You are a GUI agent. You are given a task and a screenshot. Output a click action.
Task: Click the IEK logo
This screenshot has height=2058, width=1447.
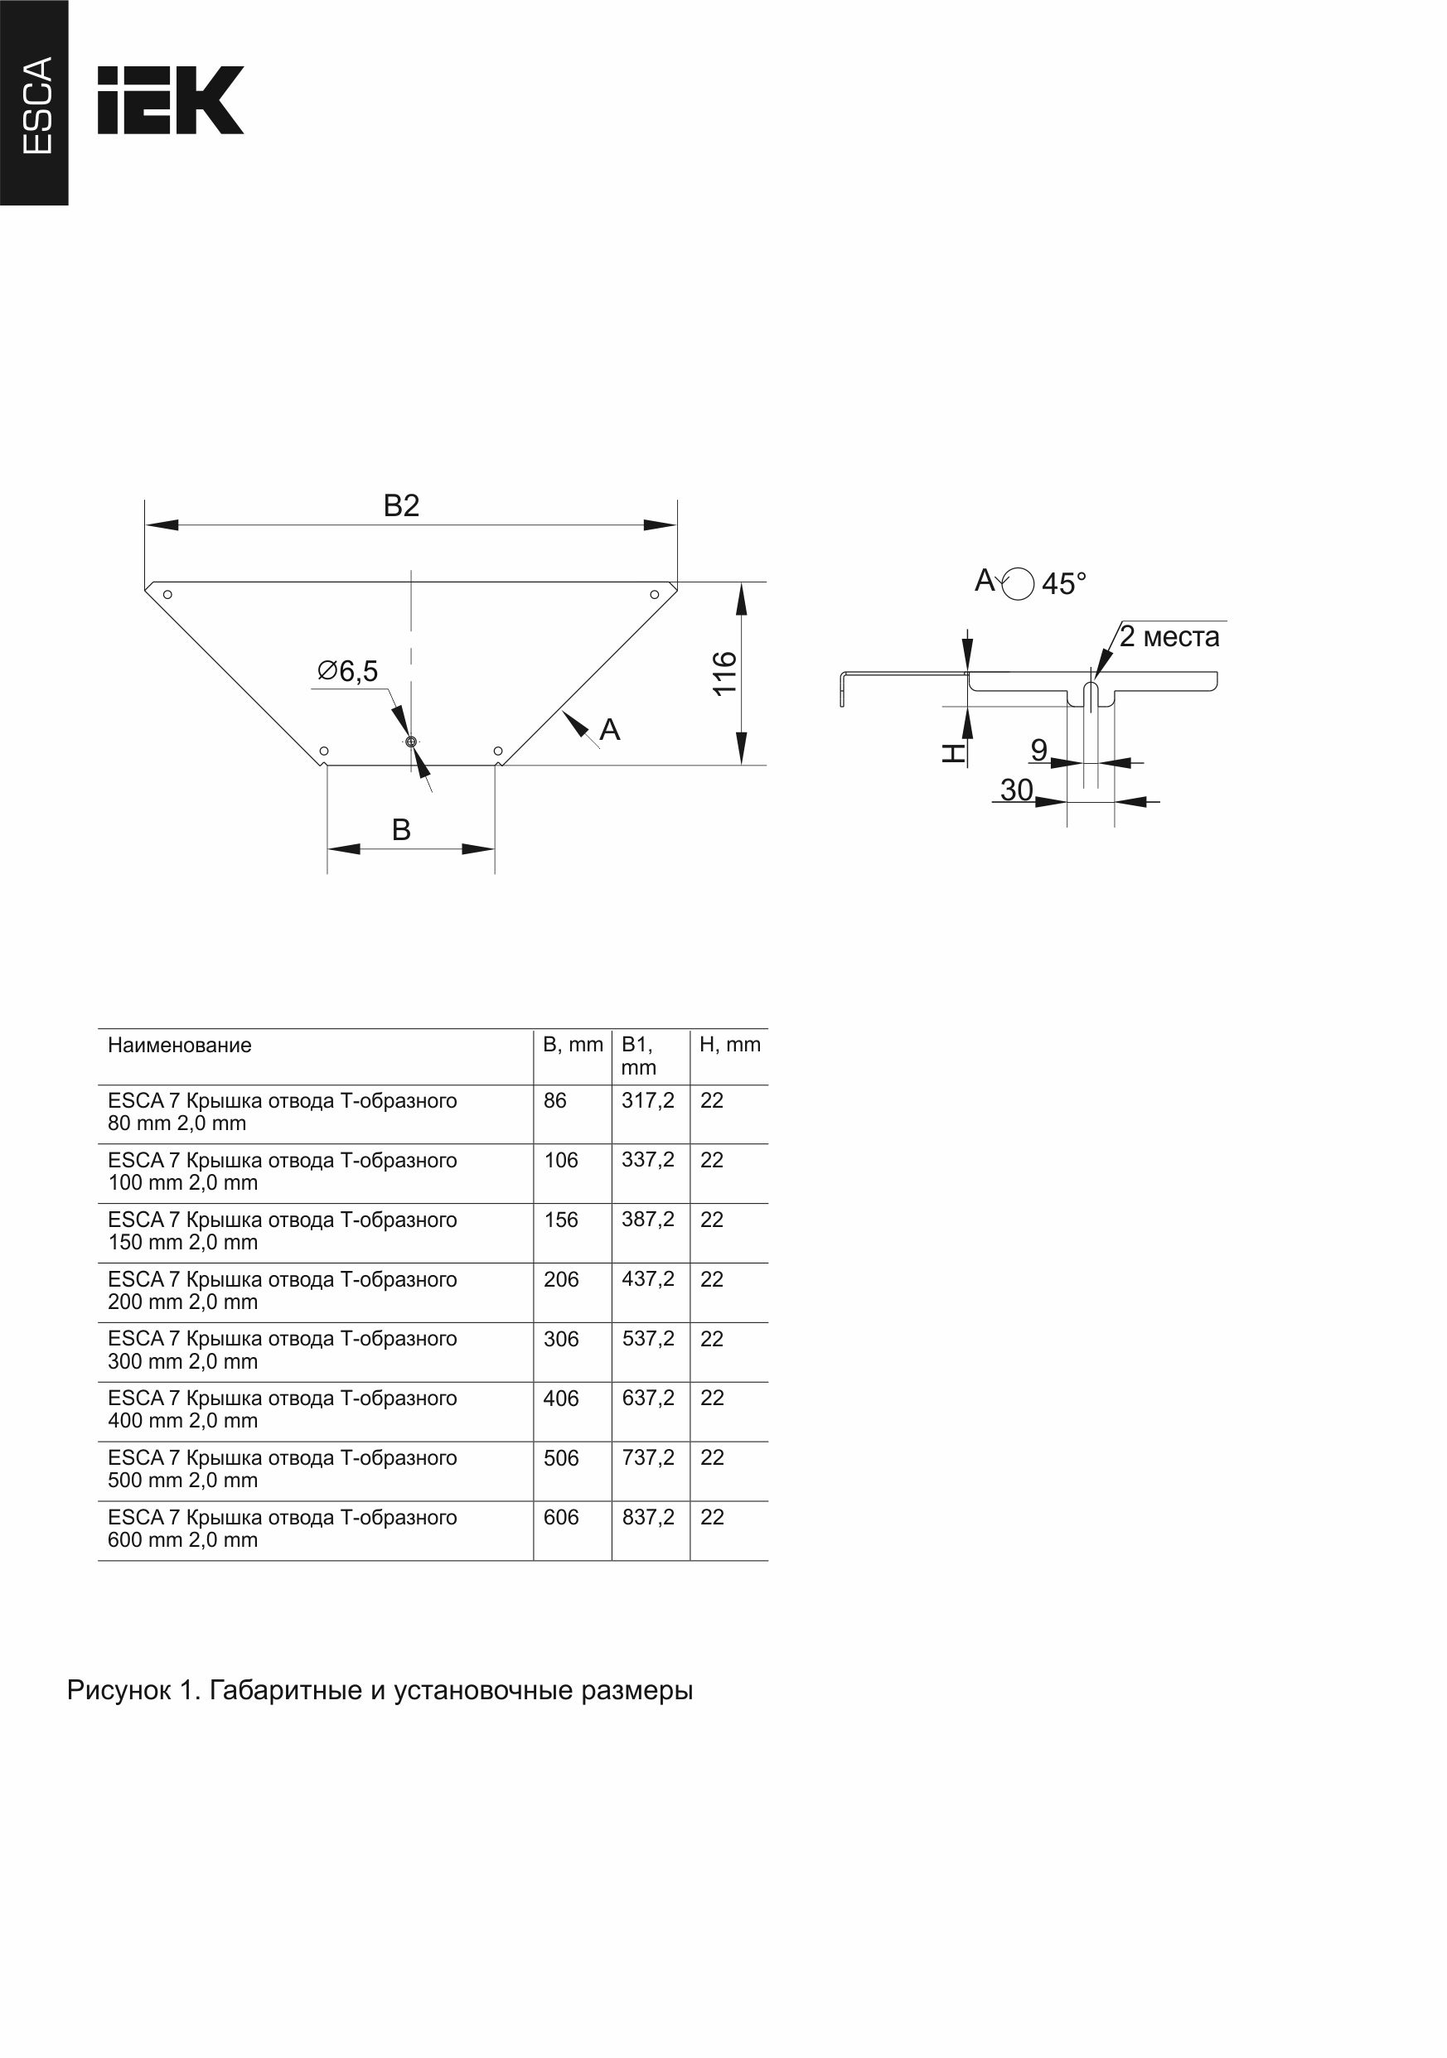(x=171, y=99)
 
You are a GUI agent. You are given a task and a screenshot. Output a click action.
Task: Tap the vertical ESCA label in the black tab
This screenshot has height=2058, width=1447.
(x=36, y=105)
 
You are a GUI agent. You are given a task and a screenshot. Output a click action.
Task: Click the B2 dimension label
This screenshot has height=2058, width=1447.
(x=401, y=506)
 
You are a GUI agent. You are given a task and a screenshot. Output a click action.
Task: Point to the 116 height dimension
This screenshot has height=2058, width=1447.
(x=724, y=672)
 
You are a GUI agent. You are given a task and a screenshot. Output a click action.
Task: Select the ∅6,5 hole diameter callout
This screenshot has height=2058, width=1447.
(x=348, y=670)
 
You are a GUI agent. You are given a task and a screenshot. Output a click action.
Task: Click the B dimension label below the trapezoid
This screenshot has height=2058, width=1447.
(x=401, y=830)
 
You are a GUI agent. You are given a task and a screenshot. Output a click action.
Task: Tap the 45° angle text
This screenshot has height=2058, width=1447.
(x=1064, y=583)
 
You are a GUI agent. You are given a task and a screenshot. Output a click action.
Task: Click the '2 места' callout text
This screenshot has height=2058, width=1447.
(x=1169, y=636)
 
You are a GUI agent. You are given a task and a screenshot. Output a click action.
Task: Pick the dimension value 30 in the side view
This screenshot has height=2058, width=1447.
(x=1017, y=790)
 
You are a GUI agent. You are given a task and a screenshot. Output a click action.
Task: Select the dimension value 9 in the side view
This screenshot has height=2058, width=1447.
(x=1039, y=749)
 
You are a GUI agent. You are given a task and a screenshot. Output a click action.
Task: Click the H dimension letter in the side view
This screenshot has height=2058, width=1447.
(x=953, y=753)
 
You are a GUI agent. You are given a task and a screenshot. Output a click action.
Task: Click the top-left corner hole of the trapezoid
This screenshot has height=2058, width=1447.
(x=167, y=594)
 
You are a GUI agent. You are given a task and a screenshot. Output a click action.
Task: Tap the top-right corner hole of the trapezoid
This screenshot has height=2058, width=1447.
(x=655, y=594)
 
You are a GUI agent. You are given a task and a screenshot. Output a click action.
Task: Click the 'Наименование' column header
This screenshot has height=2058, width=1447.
(x=179, y=1045)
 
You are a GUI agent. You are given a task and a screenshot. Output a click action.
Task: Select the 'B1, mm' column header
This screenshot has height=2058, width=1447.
(x=638, y=1056)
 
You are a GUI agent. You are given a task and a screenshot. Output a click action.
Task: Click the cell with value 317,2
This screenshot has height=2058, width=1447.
(x=648, y=1101)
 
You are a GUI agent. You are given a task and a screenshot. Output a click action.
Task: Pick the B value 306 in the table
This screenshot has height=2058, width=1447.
(x=561, y=1339)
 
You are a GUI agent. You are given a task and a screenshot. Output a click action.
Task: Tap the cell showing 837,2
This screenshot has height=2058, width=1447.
(x=648, y=1518)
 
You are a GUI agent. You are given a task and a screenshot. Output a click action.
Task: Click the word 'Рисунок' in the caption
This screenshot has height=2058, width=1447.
(x=119, y=1690)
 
